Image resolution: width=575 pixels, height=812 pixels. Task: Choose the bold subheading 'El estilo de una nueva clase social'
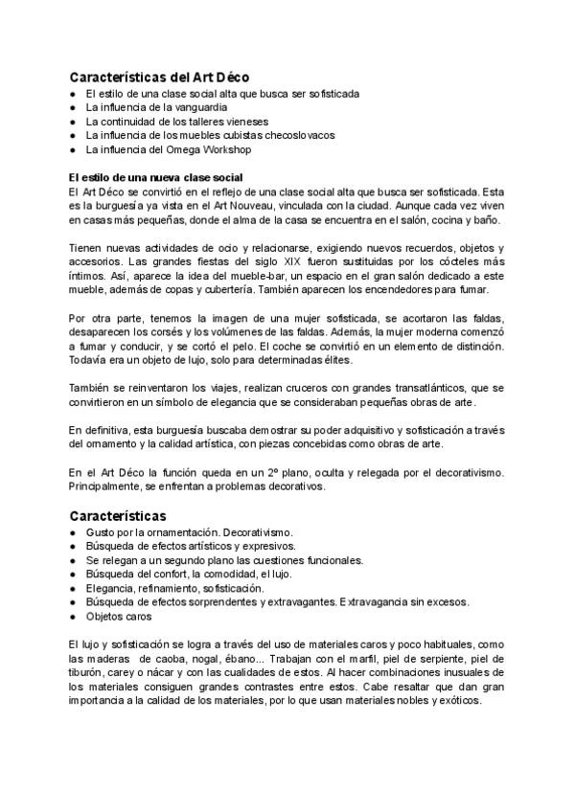point(156,177)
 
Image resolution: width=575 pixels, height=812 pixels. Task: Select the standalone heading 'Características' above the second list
point(118,514)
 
